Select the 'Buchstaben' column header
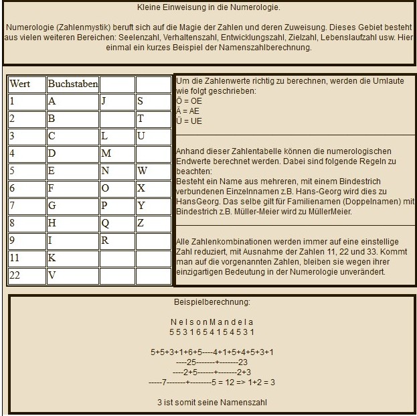tap(72, 84)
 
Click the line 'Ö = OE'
tap(189, 100)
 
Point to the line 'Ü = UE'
tap(189, 121)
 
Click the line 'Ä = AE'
tap(189, 111)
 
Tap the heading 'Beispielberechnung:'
tap(212, 303)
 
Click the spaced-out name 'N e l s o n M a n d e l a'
tap(212, 322)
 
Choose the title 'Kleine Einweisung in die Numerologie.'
tap(208, 8)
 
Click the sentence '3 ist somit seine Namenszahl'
tap(212, 402)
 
